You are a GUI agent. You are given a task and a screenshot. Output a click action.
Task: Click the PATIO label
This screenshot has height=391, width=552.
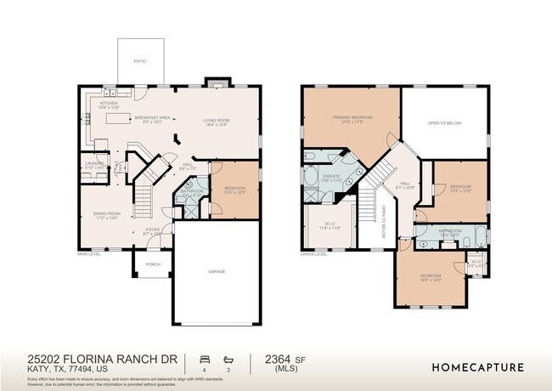pos(139,61)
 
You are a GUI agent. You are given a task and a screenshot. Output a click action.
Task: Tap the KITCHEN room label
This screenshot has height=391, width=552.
pos(110,105)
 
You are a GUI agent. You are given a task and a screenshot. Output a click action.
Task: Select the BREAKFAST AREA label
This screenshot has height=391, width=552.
pos(153,117)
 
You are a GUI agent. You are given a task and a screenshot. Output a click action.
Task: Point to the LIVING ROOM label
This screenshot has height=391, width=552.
pos(217,122)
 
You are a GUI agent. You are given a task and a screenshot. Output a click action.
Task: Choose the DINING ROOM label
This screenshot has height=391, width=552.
pos(106,214)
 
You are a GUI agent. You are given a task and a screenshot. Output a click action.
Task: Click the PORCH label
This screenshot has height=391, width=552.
pos(153,264)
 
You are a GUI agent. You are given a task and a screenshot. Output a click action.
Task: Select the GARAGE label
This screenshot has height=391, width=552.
pos(217,271)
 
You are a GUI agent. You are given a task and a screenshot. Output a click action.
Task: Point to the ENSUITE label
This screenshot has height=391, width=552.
pos(330,177)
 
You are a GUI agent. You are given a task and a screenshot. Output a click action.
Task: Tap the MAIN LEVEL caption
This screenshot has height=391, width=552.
pos(89,253)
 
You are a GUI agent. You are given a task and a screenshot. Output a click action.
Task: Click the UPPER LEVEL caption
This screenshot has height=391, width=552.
pos(314,253)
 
